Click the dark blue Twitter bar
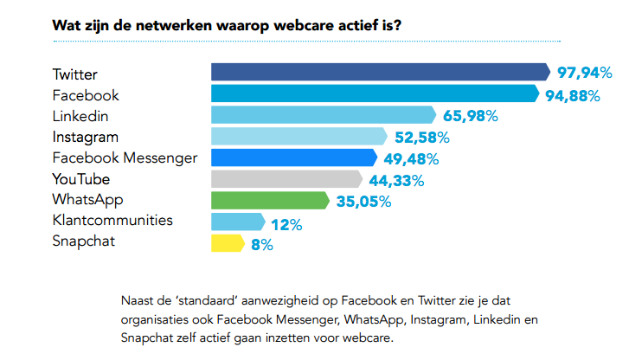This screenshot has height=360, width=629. click(381, 72)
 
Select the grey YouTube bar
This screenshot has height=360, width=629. click(286, 179)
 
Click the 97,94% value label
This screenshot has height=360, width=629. click(583, 73)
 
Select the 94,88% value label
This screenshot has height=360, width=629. click(572, 94)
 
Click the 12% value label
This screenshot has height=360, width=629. click(286, 224)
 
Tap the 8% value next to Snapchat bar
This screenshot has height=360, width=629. click(262, 245)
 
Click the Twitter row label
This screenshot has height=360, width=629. click(75, 74)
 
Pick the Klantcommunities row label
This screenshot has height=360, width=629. click(112, 221)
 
